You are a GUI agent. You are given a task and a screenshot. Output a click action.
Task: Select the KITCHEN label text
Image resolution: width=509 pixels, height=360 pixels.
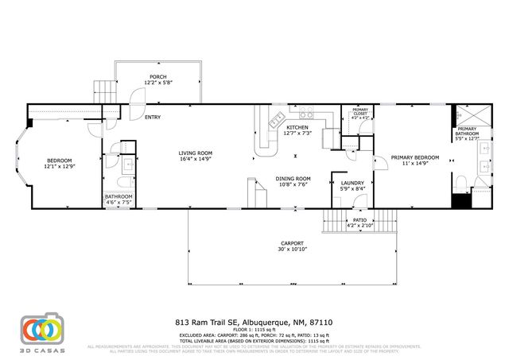[x=297, y=127]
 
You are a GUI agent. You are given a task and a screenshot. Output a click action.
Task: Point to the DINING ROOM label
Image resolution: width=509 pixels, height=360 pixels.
[x=293, y=178]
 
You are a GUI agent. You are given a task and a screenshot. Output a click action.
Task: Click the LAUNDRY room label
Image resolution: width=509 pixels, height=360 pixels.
[x=352, y=183]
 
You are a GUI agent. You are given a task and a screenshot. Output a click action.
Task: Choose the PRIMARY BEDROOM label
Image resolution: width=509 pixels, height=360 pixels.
[x=415, y=157]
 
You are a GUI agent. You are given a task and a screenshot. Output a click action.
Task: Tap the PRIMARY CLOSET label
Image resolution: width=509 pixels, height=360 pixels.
[x=360, y=112]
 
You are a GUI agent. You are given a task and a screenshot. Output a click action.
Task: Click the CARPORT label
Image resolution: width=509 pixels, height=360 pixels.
[x=293, y=243]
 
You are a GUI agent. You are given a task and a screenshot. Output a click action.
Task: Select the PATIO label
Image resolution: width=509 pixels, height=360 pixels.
[x=359, y=220]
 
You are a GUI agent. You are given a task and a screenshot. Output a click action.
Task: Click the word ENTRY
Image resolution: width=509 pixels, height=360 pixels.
[x=153, y=118]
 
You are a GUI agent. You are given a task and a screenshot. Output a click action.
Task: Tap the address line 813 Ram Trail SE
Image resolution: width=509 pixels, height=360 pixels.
[x=254, y=323]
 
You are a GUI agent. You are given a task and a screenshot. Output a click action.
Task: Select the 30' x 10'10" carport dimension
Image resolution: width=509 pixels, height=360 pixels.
[x=293, y=250]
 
